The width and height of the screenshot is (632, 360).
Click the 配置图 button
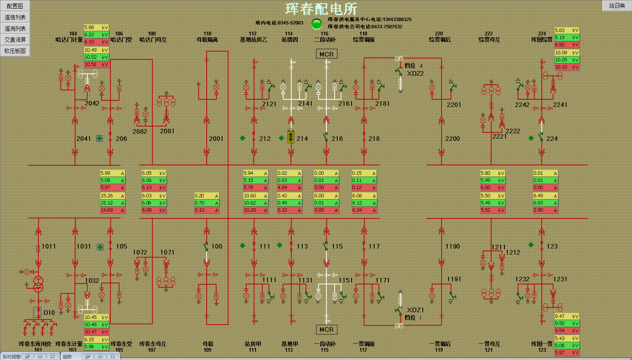pos(15,6)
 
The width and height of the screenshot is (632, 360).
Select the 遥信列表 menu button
pos(15,17)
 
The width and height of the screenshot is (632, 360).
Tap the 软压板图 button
pos(15,51)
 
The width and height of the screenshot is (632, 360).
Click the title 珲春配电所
pos(321,9)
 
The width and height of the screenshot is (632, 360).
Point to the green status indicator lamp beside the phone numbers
pos(317,24)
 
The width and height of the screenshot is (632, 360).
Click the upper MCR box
pos(326,54)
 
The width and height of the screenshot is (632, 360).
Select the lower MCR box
pos(326,329)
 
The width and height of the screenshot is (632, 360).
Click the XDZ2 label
pos(415,73)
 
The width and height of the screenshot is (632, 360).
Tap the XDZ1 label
pos(415,310)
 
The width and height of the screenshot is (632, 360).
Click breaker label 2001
pos(216,139)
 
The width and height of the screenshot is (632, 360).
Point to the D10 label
pos(49,313)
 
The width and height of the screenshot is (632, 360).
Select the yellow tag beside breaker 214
pos(291,137)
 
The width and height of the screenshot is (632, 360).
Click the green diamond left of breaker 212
pos(242,138)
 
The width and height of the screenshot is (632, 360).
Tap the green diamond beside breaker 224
pos(531,138)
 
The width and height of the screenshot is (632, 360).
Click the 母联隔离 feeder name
pos(207,40)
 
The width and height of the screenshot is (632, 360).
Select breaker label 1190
pos(452,246)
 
